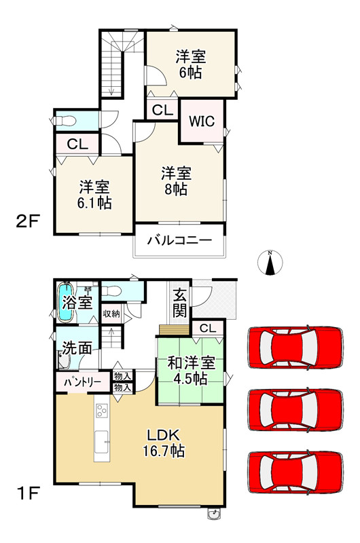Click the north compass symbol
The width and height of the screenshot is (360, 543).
[x=270, y=263]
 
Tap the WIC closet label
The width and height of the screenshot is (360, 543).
[x=201, y=122]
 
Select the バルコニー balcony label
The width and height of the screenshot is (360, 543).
[x=179, y=241]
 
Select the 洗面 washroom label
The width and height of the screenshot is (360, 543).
[x=77, y=348]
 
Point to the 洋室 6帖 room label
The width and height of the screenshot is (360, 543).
[x=192, y=64]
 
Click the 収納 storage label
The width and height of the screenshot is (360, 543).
[x=111, y=314]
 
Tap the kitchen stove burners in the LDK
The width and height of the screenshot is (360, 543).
[x=102, y=411]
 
